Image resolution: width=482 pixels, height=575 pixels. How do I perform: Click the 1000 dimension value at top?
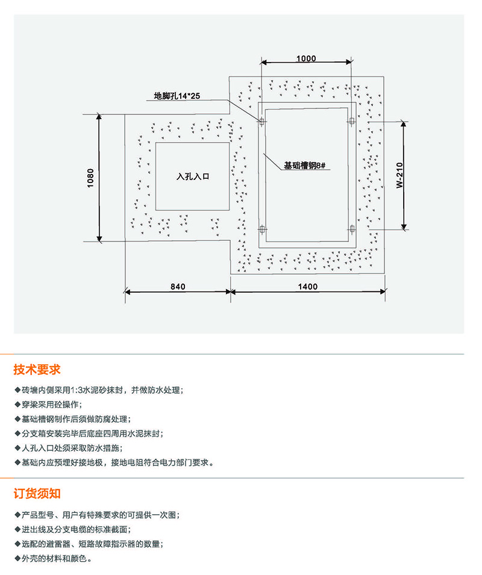tap(306, 58)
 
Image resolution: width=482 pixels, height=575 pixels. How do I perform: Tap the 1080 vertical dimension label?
tap(90, 178)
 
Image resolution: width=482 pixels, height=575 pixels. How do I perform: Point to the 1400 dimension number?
tap(307, 287)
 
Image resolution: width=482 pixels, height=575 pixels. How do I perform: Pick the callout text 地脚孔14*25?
tap(181, 96)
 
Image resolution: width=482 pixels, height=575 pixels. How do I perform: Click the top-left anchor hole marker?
tap(261, 121)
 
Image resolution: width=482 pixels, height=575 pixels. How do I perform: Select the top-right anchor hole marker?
tap(352, 121)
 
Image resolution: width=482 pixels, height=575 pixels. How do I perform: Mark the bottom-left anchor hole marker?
tap(261, 229)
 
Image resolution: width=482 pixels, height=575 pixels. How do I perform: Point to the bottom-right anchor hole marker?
tap(352, 229)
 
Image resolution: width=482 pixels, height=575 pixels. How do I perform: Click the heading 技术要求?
tap(37, 370)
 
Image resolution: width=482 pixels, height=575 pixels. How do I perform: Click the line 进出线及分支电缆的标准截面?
tap(75, 530)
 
